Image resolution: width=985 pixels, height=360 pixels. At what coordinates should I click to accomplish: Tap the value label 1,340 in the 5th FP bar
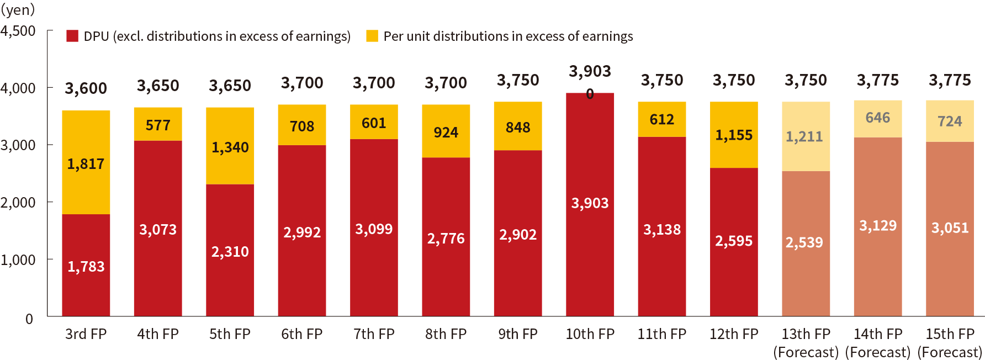click(230, 147)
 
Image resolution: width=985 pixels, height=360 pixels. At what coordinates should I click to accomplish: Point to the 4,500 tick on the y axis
click(18, 31)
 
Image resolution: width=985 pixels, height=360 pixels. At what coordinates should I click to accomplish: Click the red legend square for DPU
click(72, 36)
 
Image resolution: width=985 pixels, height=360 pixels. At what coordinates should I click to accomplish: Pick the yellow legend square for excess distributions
click(372, 36)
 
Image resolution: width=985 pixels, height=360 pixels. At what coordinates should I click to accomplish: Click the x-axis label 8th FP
click(446, 334)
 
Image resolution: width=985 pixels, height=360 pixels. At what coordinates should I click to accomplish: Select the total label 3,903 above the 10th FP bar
click(590, 71)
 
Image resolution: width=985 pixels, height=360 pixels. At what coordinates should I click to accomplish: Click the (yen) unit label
click(18, 9)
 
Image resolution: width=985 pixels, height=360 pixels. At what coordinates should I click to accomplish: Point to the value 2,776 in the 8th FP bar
click(446, 239)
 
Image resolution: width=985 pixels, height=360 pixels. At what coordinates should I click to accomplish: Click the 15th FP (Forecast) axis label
click(950, 342)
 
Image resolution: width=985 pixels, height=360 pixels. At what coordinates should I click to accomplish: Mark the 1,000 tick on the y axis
click(18, 260)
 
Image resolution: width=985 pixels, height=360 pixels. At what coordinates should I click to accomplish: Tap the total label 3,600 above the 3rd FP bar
click(86, 88)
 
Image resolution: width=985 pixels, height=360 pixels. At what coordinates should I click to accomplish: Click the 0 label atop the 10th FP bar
click(590, 94)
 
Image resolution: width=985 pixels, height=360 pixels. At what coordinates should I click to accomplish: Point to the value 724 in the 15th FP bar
click(950, 121)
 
